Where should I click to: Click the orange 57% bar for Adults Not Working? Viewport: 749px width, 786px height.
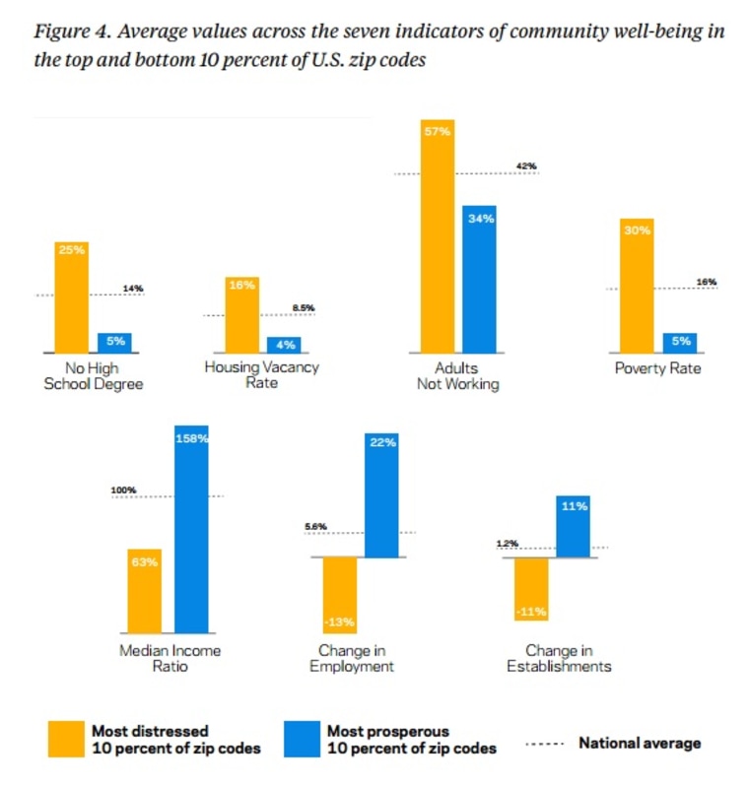438,235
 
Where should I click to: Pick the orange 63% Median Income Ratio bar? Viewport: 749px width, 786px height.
144,591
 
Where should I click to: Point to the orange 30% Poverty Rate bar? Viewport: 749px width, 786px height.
636,285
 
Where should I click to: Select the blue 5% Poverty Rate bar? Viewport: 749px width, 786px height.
679,342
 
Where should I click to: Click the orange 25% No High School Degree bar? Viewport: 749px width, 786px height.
72,295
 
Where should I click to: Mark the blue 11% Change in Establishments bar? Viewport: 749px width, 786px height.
573,526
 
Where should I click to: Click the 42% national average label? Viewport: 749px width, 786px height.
526,166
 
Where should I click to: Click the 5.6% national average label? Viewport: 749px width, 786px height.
315,526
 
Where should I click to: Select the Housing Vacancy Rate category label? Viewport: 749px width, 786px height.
261,374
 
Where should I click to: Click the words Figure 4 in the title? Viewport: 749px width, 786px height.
68,31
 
